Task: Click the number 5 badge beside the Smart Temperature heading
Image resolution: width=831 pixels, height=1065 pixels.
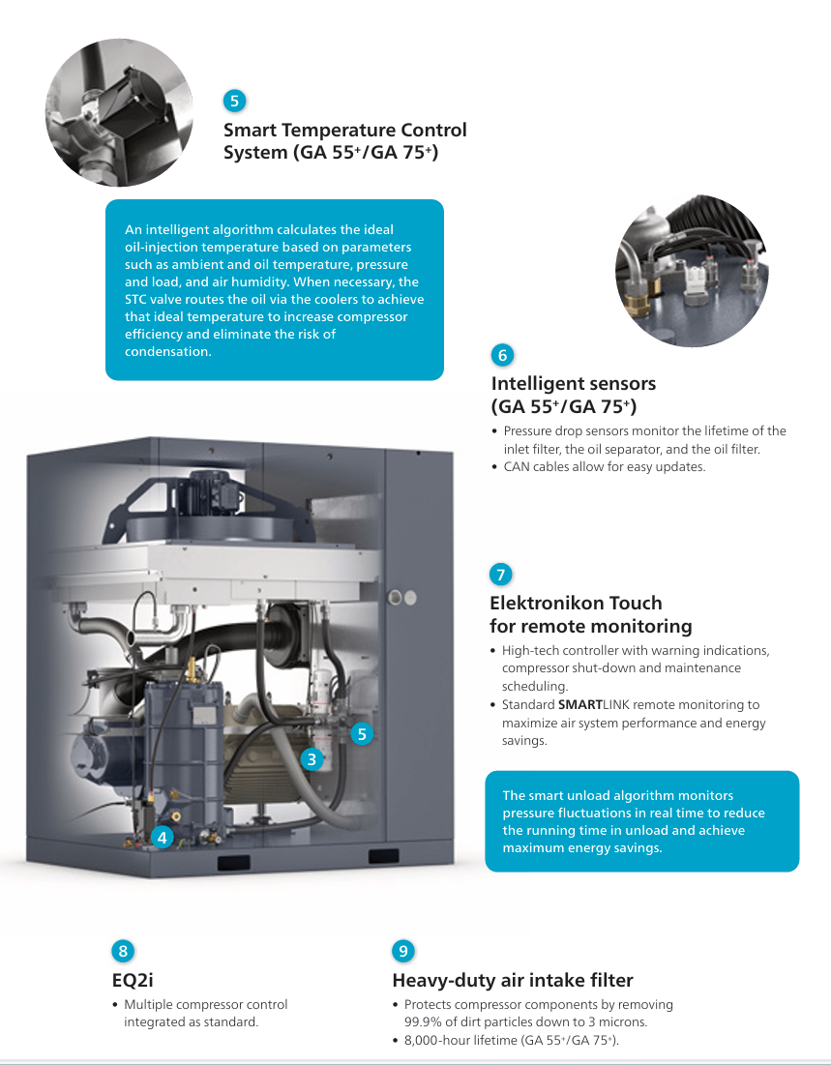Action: click(x=234, y=102)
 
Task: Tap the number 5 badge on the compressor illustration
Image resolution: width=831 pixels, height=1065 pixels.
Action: click(x=362, y=733)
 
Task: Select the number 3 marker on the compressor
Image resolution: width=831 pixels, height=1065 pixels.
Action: click(x=312, y=758)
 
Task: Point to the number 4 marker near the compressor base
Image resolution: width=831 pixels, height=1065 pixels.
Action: click(x=162, y=838)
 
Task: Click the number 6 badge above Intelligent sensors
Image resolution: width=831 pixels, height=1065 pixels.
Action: click(x=503, y=355)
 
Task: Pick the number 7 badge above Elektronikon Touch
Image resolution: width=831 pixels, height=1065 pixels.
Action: click(x=501, y=575)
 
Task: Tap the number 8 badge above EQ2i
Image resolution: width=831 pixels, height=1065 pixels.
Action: click(x=123, y=951)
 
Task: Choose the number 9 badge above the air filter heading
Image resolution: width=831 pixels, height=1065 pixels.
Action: click(x=403, y=951)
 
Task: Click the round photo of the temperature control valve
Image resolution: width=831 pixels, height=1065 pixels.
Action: click(x=119, y=112)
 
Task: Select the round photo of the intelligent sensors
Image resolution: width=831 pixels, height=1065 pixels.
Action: click(x=692, y=270)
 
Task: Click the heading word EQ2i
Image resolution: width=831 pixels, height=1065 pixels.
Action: click(x=133, y=980)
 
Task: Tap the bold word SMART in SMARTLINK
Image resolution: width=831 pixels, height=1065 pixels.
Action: click(x=580, y=704)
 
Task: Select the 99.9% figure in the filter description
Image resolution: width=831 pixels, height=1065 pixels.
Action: click(x=424, y=1021)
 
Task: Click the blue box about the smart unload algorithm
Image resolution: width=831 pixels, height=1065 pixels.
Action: click(x=642, y=821)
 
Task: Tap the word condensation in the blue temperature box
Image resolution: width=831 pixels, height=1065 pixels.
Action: click(x=167, y=351)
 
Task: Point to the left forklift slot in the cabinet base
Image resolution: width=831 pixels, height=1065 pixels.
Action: click(x=233, y=863)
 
